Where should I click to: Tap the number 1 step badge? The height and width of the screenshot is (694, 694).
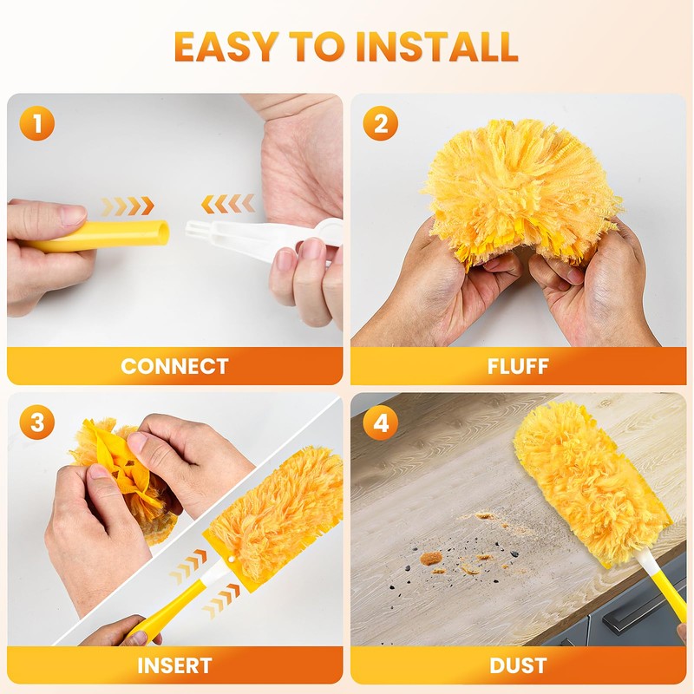coord(36,124)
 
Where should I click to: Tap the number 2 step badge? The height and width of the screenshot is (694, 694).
coord(381,124)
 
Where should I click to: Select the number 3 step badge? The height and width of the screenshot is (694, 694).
coord(36,423)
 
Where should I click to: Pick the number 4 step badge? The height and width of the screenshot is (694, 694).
coord(381,423)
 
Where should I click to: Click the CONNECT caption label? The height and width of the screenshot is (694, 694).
coord(174,366)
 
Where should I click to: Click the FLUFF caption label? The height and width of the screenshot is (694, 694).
coord(518,366)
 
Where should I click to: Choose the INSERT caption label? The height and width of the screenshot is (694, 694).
coord(174,665)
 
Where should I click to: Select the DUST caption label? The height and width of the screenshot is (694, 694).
coord(518,665)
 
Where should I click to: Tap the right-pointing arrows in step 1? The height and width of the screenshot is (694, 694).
coord(128,206)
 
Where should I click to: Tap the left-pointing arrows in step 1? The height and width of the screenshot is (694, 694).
coord(228,204)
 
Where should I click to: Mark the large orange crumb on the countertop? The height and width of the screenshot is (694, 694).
coord(431,558)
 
